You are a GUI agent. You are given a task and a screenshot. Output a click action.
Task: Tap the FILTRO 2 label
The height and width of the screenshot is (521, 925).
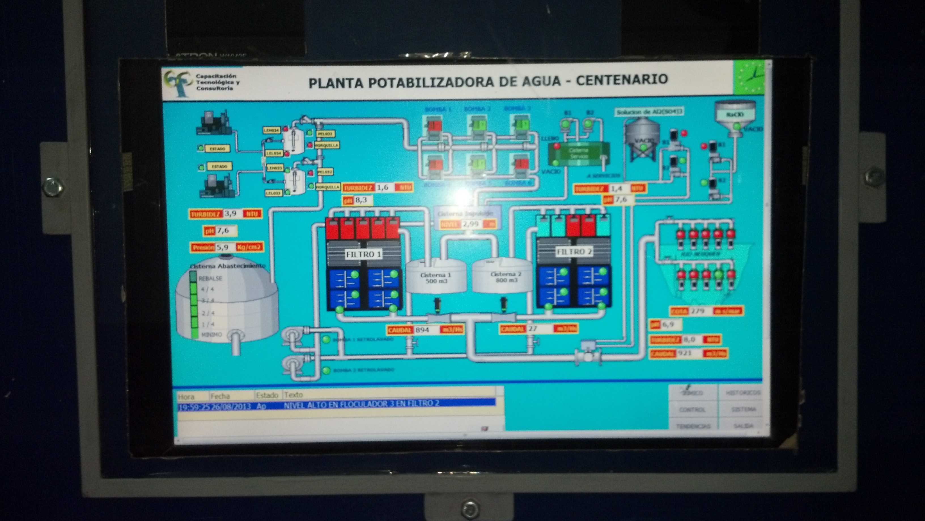coord(574,252)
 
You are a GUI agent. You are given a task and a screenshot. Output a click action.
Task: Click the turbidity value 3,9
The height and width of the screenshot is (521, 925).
coord(230,213)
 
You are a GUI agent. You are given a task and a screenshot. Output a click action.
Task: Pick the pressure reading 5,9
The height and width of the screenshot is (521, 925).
coord(223,247)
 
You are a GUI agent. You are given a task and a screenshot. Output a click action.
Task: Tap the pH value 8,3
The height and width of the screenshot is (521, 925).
coord(361,200)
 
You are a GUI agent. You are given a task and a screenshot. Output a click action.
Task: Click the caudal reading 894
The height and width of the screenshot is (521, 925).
coord(422,329)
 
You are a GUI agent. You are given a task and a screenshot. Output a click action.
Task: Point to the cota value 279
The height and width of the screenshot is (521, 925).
coord(698,311)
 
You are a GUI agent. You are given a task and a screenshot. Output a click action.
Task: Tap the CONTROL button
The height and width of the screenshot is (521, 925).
coord(692,409)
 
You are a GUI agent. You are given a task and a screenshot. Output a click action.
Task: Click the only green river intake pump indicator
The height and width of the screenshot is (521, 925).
coord(718,274)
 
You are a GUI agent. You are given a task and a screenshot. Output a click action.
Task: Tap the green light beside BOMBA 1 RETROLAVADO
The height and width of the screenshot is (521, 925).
coord(326,339)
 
